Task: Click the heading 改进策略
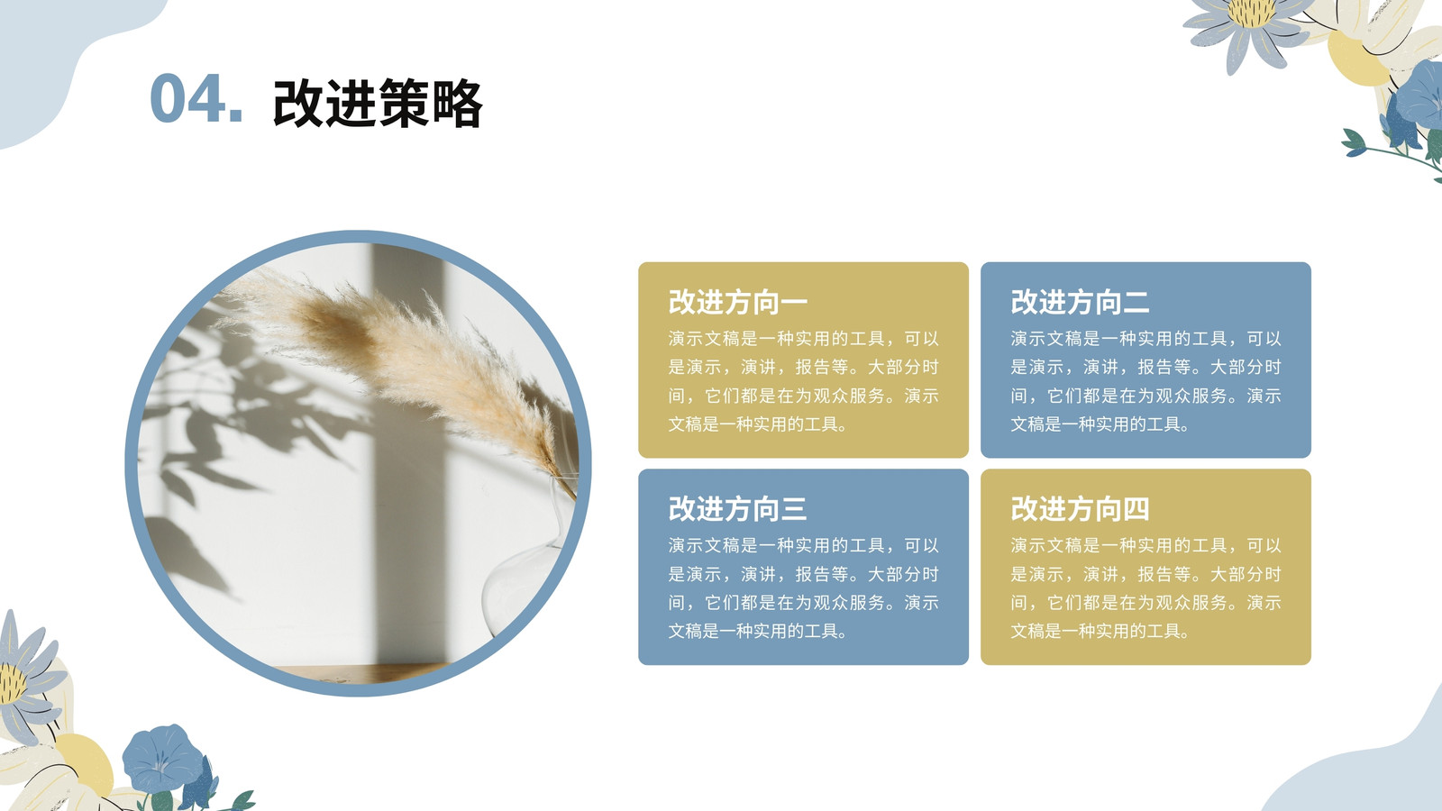click(x=378, y=103)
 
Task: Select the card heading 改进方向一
click(x=738, y=302)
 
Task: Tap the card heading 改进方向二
click(x=1081, y=302)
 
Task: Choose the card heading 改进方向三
click(x=738, y=508)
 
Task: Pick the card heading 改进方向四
click(x=1081, y=508)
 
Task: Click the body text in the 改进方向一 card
click(x=803, y=381)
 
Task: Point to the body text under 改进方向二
click(x=1145, y=381)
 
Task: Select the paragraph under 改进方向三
click(x=803, y=588)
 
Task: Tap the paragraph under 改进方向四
click(x=1145, y=588)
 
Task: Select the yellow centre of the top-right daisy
click(x=1251, y=13)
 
